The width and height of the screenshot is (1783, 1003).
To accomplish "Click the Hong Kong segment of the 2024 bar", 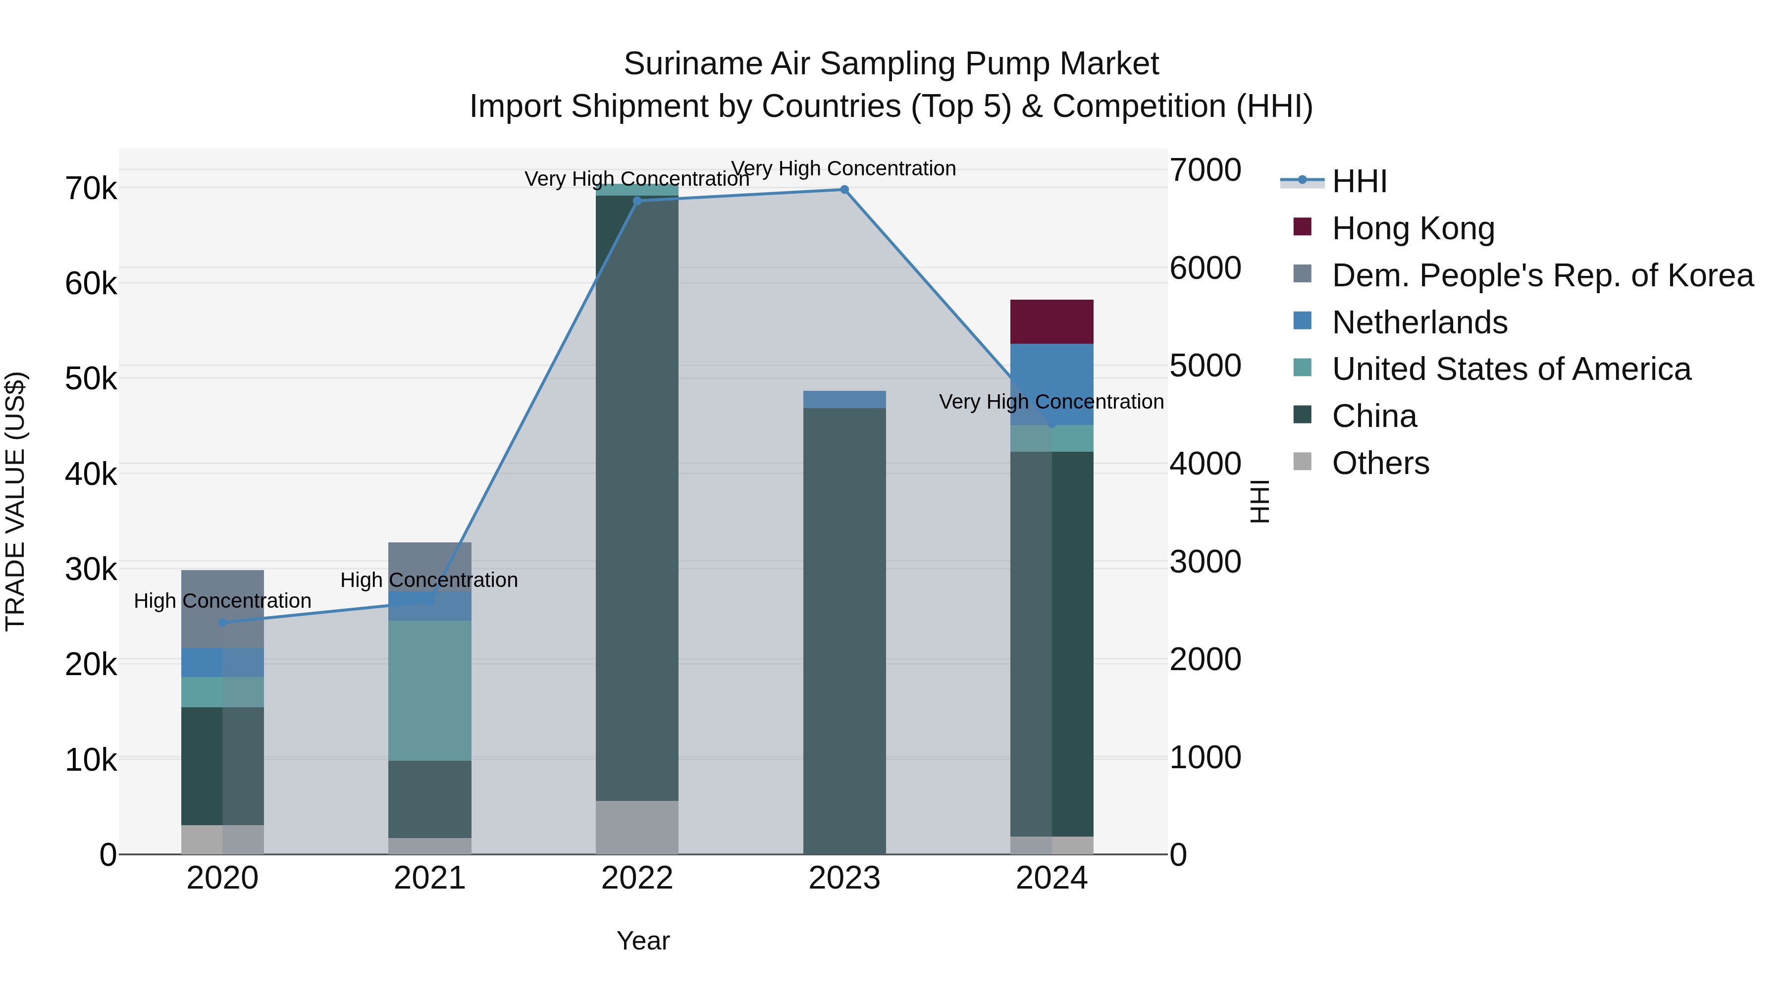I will pyautogui.click(x=1051, y=322).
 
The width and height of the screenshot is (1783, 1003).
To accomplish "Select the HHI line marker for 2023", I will pyautogui.click(x=844, y=190).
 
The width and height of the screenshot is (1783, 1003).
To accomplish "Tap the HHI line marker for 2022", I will pyautogui.click(x=637, y=201).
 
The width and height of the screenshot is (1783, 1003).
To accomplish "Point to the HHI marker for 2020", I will pyautogui.click(x=222, y=622).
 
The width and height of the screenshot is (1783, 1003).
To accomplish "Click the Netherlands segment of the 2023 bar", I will pyautogui.click(x=844, y=399).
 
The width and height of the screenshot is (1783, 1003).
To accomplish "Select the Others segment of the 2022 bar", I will pyautogui.click(x=637, y=827).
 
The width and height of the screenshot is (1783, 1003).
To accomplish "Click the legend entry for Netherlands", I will pyautogui.click(x=1419, y=322).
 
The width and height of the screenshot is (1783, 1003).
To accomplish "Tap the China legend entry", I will pyautogui.click(x=1374, y=417).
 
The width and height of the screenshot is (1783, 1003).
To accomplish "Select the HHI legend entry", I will pyautogui.click(x=1359, y=181).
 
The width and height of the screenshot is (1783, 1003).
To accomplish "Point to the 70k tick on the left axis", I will pyautogui.click(x=91, y=188).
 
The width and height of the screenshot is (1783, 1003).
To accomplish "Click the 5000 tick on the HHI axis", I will pyautogui.click(x=1205, y=366).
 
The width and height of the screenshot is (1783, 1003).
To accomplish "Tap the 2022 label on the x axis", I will pyautogui.click(x=637, y=878).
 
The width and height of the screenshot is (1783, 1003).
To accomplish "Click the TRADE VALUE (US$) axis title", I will pyautogui.click(x=15, y=501).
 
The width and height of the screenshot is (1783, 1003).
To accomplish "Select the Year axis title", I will pyautogui.click(x=643, y=941).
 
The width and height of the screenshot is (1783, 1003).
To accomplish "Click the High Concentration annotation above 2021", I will pyautogui.click(x=429, y=580).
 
